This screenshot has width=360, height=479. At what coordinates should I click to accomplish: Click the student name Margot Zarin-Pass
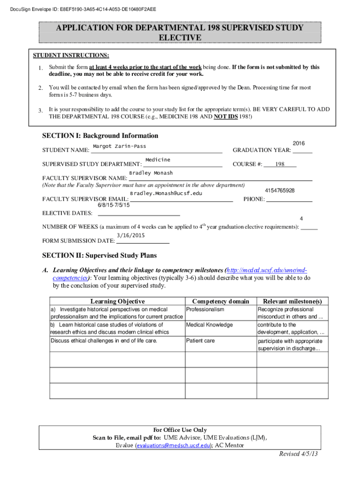click(119, 146)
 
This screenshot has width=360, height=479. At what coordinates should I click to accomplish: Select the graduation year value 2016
click(298, 143)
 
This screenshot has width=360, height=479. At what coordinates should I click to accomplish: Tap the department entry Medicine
click(158, 160)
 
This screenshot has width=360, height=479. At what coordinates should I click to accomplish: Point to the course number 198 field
click(280, 164)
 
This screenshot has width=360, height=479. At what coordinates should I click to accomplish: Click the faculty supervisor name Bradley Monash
click(151, 173)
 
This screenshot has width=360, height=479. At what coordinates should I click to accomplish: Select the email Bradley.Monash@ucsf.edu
click(166, 193)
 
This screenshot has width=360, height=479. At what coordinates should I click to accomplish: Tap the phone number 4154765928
click(279, 191)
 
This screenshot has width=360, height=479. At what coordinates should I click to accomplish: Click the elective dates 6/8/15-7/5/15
click(114, 205)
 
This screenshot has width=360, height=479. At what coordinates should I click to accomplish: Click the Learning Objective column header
click(117, 301)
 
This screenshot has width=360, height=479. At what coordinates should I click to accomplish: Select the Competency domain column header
click(221, 301)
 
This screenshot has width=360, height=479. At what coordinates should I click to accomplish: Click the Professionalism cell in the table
click(205, 310)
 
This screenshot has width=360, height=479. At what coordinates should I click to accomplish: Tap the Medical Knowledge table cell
click(209, 325)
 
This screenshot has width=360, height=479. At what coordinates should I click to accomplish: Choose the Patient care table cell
click(201, 341)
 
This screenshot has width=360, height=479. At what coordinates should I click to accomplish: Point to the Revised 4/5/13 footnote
click(298, 454)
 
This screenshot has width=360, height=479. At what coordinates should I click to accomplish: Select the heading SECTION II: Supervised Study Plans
click(100, 256)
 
